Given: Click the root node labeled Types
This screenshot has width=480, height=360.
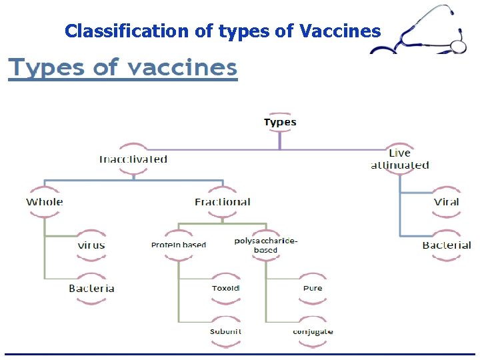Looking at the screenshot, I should point(280,122).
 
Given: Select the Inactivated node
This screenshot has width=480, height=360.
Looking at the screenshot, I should point(133,159).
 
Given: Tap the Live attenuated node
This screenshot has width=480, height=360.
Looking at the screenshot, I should point(399,159).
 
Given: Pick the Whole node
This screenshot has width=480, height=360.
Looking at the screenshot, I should point(45,202).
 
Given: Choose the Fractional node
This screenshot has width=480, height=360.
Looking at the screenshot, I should point(223,202).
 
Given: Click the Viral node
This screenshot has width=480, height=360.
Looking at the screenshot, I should point(446,202).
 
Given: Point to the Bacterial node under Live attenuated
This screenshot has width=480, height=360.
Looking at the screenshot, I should point(446,245).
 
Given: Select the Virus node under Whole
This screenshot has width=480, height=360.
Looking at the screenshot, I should point(91,245).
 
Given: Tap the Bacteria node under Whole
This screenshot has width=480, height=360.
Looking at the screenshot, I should point(91,289).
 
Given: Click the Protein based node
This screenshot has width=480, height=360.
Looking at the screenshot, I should point(179,245).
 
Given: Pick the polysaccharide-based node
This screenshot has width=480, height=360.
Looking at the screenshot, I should point(265,245).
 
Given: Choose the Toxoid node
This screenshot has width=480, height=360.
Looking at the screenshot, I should point(225,289).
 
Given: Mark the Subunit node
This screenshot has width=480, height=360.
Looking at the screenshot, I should point(225,331).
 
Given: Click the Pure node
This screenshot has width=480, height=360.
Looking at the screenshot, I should point(313,289).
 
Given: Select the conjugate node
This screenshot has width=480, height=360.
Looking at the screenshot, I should point(313,331).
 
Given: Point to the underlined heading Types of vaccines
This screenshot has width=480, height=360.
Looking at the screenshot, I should point(123,68).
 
